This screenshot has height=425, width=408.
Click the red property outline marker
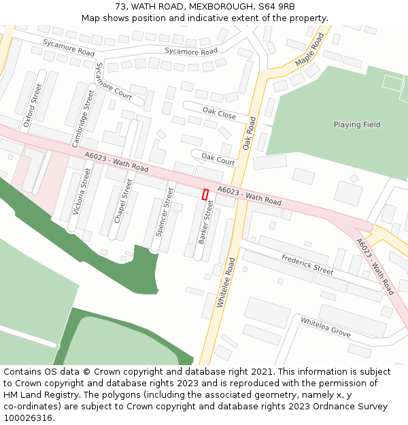(205, 194)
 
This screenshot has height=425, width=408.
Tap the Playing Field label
(357, 124)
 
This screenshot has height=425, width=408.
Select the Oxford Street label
(33, 105)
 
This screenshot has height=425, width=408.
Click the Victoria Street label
(82, 192)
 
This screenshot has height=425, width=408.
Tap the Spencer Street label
(165, 211)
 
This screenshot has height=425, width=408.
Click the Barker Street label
(205, 222)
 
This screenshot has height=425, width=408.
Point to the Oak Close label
(219, 113)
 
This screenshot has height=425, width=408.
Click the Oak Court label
(218, 159)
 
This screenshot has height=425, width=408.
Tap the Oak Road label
(249, 133)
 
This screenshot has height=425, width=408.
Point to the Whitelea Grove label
(325, 327)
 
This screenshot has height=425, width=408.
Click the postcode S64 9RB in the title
(277, 6)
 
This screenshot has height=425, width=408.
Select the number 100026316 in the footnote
(27, 418)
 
